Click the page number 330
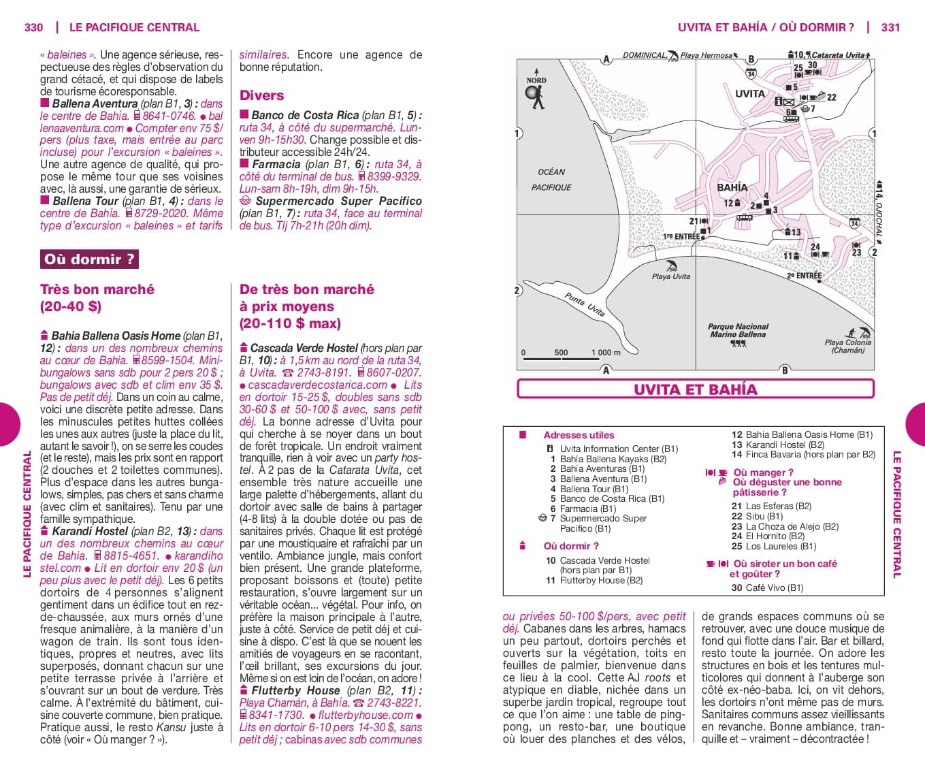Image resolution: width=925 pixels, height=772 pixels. [x=33, y=28]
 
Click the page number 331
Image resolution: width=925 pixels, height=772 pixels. [x=890, y=28]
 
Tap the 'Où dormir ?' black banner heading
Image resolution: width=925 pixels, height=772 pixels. [x=88, y=259]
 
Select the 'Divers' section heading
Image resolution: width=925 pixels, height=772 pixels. [x=261, y=96]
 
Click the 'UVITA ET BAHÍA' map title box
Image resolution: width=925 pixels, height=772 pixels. [x=695, y=389]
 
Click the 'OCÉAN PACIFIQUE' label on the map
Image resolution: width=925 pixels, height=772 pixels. [x=551, y=180]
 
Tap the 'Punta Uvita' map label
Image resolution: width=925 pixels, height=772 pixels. [x=585, y=304]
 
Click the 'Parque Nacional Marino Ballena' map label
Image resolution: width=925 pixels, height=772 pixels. [x=738, y=331]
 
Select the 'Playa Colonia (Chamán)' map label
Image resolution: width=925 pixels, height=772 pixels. [x=847, y=347]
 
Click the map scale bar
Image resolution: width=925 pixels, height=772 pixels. [x=572, y=357]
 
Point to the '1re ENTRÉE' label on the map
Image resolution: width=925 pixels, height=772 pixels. [x=681, y=236]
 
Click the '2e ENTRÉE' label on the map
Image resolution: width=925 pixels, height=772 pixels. [x=804, y=276]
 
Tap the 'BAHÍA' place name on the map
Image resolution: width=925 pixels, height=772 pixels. [x=732, y=187]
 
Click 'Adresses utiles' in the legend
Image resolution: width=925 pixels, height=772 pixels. [x=579, y=435]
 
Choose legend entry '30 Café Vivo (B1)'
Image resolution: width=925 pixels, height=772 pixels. [x=767, y=588]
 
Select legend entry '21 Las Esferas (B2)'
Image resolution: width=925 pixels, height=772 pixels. [x=771, y=506]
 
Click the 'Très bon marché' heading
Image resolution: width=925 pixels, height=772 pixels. [x=97, y=289]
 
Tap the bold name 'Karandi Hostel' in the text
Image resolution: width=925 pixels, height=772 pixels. [x=90, y=531]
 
